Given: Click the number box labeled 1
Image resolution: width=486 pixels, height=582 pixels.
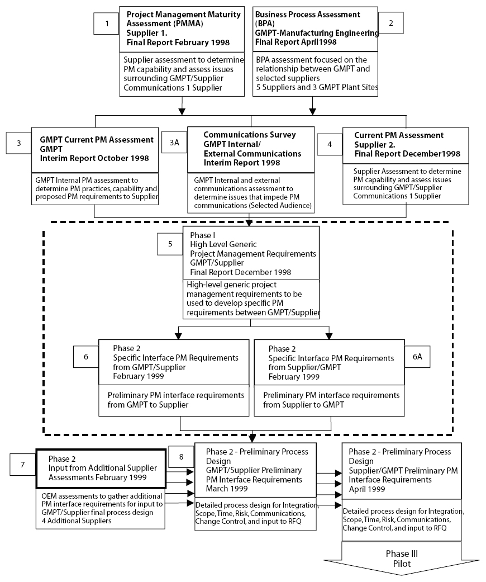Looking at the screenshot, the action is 107,23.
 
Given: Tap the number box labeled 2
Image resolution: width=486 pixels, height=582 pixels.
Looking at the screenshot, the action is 390,23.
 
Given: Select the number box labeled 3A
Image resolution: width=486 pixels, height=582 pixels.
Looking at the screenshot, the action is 174,143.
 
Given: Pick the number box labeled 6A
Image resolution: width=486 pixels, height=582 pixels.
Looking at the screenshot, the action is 417,357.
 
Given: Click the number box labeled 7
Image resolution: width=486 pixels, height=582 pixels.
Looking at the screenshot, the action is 23,465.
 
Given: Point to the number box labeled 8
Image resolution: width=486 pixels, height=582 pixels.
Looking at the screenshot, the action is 181,457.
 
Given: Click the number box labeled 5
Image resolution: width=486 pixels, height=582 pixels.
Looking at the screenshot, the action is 170,244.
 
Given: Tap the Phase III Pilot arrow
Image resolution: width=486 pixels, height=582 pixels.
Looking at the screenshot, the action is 402,559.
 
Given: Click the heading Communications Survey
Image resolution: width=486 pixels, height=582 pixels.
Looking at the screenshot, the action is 250,135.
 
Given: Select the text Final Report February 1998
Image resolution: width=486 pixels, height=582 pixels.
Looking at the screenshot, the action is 178,42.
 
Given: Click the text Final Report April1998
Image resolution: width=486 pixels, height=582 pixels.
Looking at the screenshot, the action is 296,42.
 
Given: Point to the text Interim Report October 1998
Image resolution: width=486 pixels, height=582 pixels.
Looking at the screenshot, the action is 94,158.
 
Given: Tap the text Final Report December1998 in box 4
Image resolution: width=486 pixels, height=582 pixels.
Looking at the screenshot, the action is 407,154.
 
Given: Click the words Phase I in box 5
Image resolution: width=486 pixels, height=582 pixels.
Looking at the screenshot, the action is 203,235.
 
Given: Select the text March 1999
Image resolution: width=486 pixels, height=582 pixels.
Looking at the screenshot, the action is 227,489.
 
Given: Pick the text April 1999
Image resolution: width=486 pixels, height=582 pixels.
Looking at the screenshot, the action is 367,489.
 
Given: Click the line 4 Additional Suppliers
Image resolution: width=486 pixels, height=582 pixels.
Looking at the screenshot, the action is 77,521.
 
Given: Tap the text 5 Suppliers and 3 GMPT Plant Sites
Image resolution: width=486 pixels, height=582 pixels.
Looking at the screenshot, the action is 317,87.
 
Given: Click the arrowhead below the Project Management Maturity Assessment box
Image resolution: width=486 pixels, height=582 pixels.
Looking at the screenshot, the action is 182,111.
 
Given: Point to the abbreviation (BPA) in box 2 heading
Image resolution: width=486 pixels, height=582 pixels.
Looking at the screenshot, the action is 265,23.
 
